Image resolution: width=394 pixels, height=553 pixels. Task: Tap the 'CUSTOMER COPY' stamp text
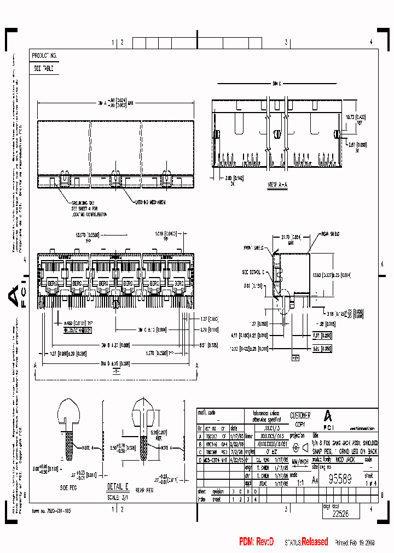tap(300, 419)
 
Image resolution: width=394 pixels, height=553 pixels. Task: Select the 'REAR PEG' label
tap(144, 490)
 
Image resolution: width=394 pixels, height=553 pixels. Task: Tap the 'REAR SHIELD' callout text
tap(330, 233)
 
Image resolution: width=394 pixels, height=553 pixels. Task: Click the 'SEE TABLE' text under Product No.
tap(43, 69)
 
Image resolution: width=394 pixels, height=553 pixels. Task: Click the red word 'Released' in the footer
tap(315, 542)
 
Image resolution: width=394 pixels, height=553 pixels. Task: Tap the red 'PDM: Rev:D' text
tap(256, 542)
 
